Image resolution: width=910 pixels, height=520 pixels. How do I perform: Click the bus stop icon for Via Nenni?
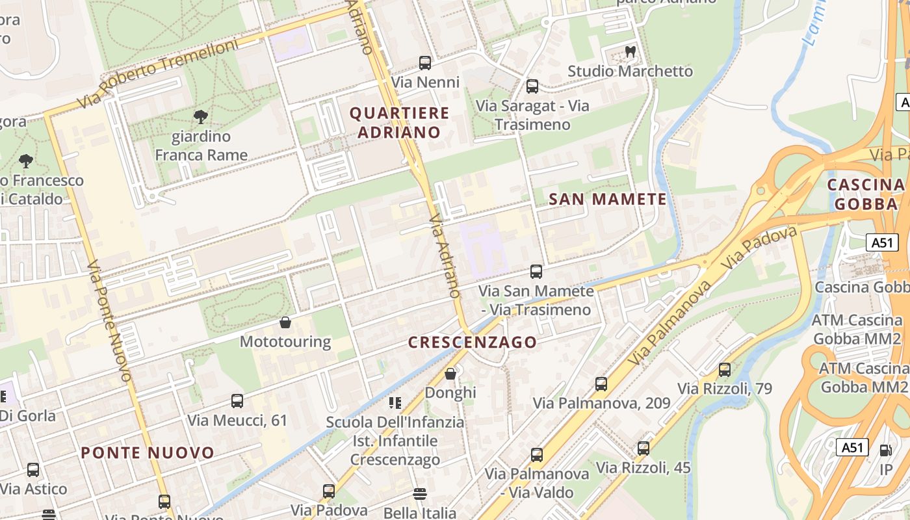[x=425, y=63]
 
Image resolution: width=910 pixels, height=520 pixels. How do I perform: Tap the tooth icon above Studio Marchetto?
[x=630, y=51]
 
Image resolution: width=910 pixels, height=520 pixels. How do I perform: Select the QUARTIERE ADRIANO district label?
[x=399, y=122]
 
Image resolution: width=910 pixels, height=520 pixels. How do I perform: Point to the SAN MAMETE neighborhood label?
[x=608, y=199]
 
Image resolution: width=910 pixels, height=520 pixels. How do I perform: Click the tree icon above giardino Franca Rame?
[x=201, y=117]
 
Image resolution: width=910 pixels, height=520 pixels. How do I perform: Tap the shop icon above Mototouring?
[x=285, y=322]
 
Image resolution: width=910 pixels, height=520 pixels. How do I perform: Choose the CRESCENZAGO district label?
[x=473, y=342]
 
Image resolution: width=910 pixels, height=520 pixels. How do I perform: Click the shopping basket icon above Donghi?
[x=450, y=374]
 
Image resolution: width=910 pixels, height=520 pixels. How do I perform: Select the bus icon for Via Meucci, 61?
[x=237, y=401]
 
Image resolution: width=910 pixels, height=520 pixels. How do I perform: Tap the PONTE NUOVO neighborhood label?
[x=148, y=453]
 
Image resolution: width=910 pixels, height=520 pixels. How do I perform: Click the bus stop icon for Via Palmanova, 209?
[x=601, y=384]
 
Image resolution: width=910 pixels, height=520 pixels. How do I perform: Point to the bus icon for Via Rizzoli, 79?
[x=725, y=370]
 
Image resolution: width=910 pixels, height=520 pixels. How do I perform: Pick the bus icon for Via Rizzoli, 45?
[x=643, y=448]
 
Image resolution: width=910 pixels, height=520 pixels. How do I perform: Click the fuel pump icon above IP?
[x=885, y=450]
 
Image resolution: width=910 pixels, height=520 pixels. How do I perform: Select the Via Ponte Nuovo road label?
[x=109, y=321]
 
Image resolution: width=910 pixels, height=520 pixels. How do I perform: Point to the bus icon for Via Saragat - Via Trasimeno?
[x=532, y=86]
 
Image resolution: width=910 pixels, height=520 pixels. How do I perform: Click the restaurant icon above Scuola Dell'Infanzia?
[x=395, y=403]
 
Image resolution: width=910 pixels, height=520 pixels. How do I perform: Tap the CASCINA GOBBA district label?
[x=865, y=194]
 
